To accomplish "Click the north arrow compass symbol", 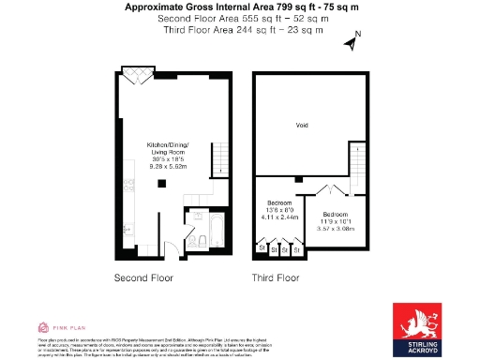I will coord(352,42).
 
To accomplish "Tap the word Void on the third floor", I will coord(302,125).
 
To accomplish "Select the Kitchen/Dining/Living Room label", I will coord(168,149).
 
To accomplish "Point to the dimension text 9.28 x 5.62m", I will coord(168,166).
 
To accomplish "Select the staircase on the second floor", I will coord(219,154).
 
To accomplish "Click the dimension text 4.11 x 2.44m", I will coord(279,217).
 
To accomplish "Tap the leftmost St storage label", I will coord(262,250).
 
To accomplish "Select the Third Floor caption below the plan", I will coord(275,278).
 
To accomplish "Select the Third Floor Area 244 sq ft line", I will coord(241,30).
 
